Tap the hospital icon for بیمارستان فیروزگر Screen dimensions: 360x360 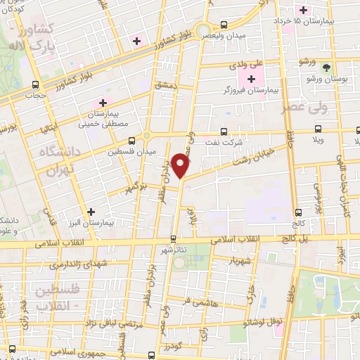click(252, 77)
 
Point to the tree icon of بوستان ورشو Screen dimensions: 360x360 click(326, 68)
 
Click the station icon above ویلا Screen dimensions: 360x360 click(319, 129)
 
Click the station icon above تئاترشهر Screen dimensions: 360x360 click(173, 239)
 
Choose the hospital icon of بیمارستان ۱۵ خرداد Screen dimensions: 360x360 click(303, 10)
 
